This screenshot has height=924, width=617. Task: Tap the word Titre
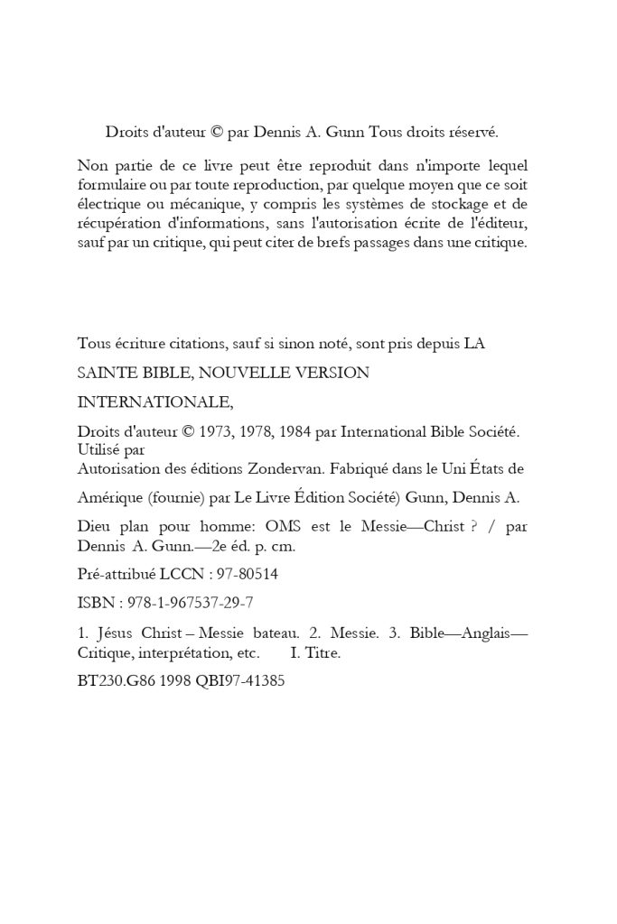[x=323, y=652]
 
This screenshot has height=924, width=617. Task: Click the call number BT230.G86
[x=119, y=682]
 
